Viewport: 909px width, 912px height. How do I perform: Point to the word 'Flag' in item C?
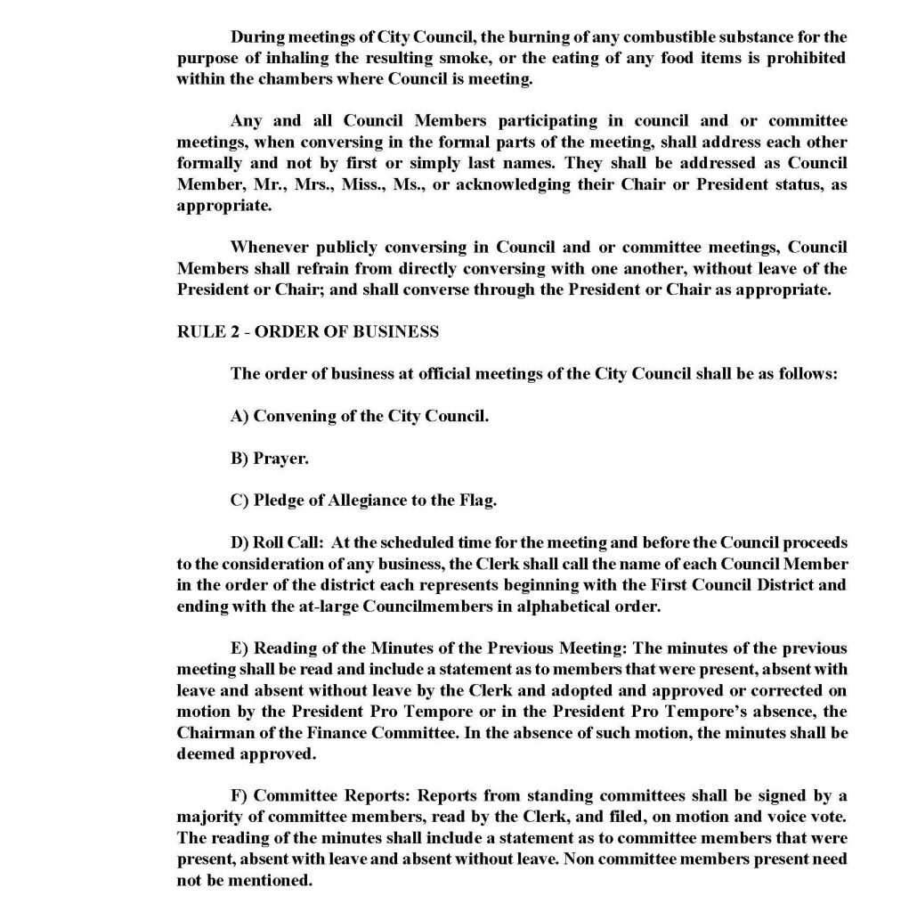click(x=477, y=500)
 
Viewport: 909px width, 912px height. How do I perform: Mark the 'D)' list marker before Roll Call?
click(x=239, y=542)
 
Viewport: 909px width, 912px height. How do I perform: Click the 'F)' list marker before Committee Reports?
click(x=239, y=795)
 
